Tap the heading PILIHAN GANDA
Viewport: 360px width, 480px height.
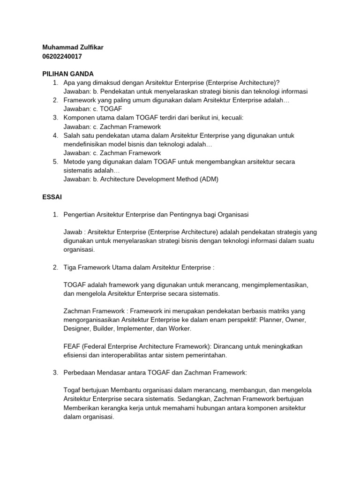68,74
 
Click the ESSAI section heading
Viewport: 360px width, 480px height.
52,197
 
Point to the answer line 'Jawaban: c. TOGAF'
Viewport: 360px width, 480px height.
92,109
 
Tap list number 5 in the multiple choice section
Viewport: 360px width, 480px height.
55,162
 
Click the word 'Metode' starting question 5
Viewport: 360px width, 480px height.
75,162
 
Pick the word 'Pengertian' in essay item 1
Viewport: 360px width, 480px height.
79,214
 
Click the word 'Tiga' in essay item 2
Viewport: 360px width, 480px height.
70,267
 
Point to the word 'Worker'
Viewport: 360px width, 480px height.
180,329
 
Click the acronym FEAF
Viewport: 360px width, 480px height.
72,346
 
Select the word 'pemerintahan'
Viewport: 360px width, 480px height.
206,355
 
